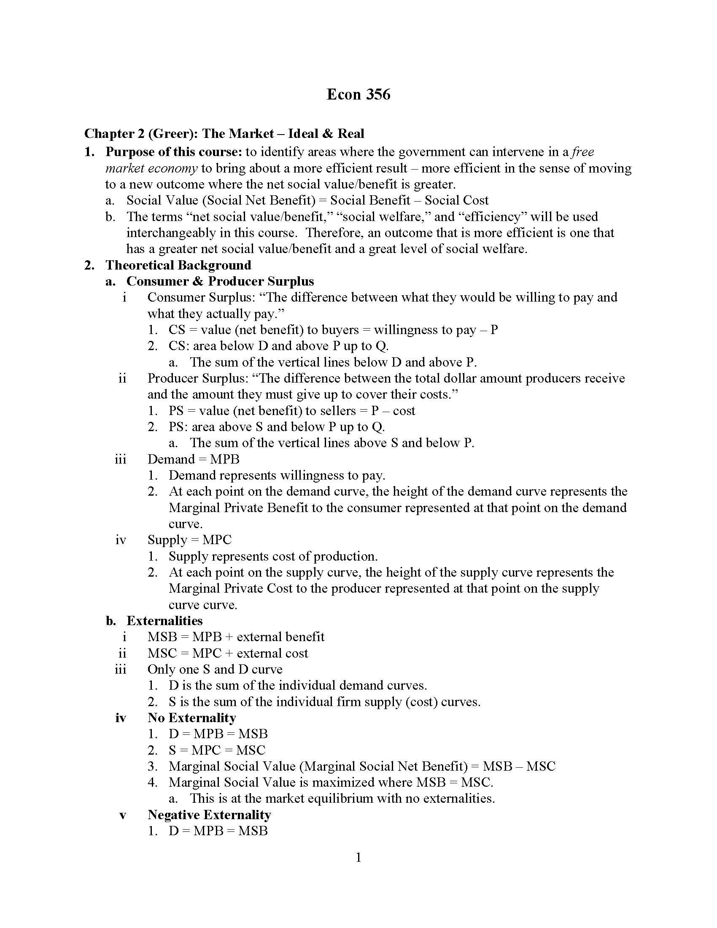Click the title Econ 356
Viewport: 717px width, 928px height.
point(358,94)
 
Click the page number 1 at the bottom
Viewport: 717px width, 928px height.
point(358,858)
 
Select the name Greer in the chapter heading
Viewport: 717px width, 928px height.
point(171,134)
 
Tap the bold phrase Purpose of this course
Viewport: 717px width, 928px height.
point(173,152)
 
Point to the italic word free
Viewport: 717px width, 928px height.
point(583,152)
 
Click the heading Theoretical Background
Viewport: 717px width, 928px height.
point(178,265)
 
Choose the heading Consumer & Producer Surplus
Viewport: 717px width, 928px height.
point(220,281)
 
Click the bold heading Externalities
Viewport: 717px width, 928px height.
point(164,621)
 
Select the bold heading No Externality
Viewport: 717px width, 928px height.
point(191,718)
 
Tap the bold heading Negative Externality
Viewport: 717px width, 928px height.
point(209,815)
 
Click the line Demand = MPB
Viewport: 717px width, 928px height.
point(193,459)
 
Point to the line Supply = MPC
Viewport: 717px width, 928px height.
point(189,540)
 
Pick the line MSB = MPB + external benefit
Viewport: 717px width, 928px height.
point(236,637)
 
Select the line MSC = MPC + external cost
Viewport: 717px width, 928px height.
point(228,653)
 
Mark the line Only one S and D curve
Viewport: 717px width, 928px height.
point(215,669)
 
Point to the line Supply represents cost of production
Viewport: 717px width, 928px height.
point(273,556)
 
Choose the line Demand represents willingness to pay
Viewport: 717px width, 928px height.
point(277,475)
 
